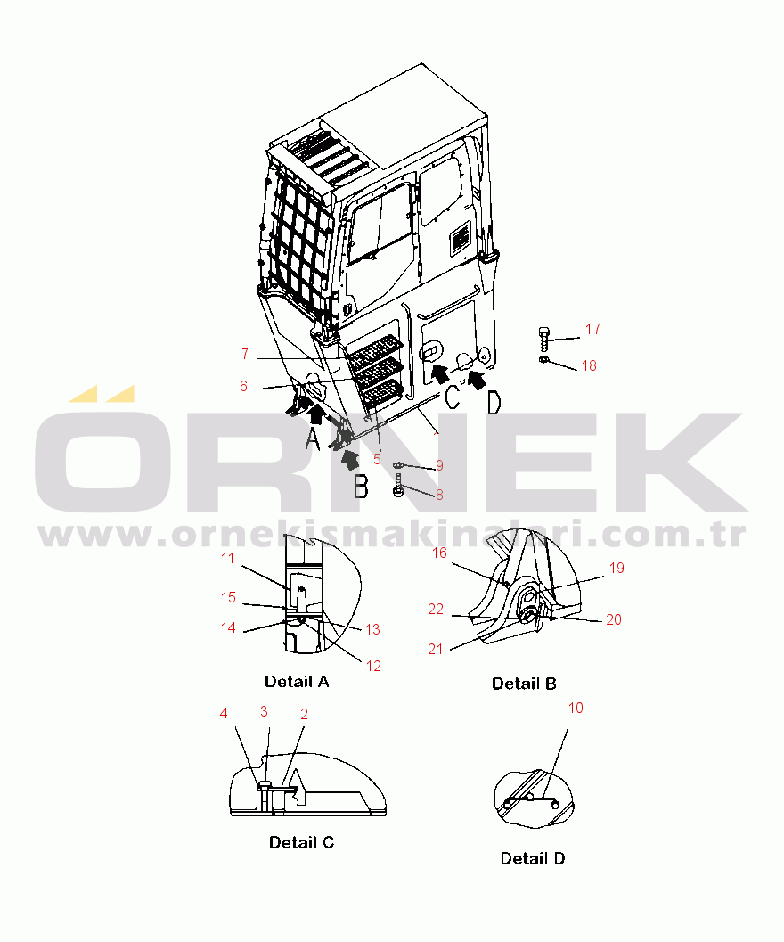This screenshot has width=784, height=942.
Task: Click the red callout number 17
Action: point(592,329)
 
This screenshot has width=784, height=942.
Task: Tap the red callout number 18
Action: point(589,366)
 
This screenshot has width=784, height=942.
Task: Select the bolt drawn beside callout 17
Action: point(544,340)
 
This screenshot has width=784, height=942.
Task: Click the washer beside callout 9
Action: point(398,465)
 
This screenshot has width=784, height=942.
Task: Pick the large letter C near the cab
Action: point(452,397)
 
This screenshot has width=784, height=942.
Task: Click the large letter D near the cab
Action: point(494,403)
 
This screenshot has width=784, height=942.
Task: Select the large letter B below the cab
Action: point(361,487)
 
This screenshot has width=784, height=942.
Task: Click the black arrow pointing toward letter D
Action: point(477,381)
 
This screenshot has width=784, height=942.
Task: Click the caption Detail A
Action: point(297,681)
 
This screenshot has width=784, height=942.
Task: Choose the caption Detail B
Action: point(524,684)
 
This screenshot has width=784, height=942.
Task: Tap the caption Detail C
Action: point(301,842)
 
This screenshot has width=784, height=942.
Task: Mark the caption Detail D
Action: point(533,858)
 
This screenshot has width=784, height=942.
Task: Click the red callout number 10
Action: point(576,709)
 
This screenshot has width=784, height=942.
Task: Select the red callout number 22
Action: point(436,610)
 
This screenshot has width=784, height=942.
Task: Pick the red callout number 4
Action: point(224,713)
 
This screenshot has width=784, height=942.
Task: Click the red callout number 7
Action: point(244,354)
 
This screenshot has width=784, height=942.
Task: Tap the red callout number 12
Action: point(373,666)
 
